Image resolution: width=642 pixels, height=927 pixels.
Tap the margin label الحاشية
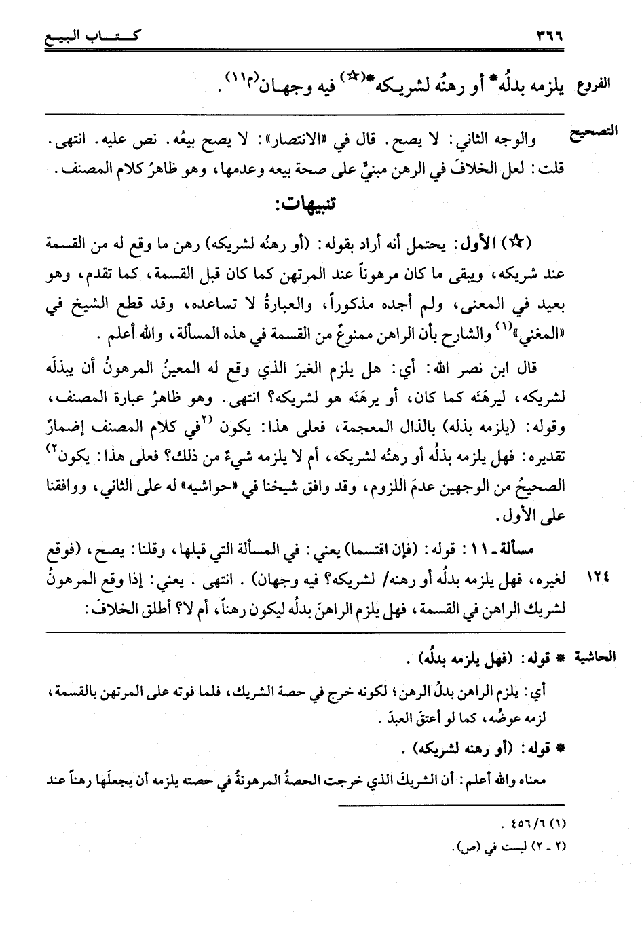tap(597, 657)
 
